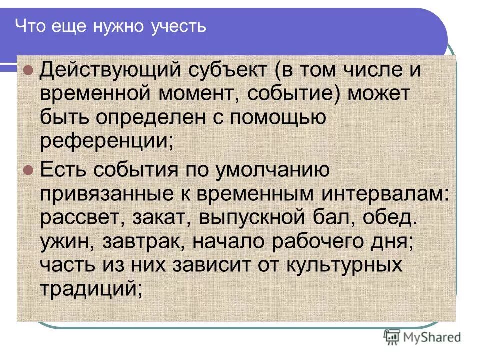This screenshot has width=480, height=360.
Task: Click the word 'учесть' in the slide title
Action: pos(178,25)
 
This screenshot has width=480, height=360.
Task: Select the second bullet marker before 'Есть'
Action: pos(28,170)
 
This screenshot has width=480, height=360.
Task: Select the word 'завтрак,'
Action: pos(145,242)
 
